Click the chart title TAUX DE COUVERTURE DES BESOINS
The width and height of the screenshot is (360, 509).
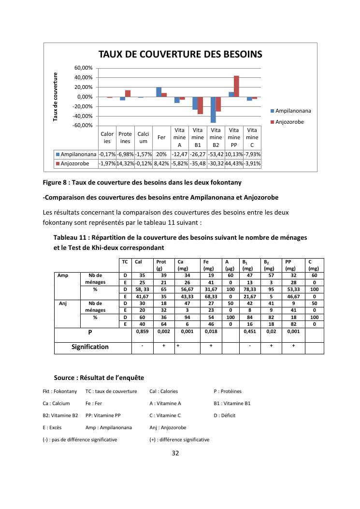180,55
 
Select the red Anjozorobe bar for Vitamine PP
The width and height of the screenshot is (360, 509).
236,86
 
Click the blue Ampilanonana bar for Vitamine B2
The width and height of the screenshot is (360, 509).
213,110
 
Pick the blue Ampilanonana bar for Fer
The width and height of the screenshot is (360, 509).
158,92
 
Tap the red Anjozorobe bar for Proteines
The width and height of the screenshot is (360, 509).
128,93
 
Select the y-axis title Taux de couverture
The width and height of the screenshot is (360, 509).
56,97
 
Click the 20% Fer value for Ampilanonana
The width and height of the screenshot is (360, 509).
161,154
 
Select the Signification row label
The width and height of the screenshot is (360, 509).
90,347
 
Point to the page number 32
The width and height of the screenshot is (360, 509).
176,453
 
